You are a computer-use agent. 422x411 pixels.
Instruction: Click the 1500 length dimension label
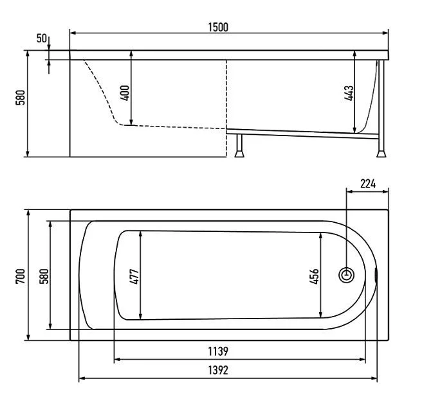coord(218,27)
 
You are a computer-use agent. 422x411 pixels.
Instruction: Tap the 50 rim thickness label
coord(42,39)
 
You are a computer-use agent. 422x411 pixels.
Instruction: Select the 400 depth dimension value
coord(125,93)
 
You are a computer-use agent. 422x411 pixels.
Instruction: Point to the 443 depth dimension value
coord(349,93)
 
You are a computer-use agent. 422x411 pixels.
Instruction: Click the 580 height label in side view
coord(21,98)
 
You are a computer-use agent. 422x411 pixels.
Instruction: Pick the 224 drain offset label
coord(368,184)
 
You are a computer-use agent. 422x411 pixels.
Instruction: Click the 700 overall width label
coord(21,276)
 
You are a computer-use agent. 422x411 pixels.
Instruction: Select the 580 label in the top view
coord(44,276)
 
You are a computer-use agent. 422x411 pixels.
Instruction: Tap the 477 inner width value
coord(134,276)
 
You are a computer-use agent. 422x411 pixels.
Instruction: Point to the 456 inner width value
coord(314,276)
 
